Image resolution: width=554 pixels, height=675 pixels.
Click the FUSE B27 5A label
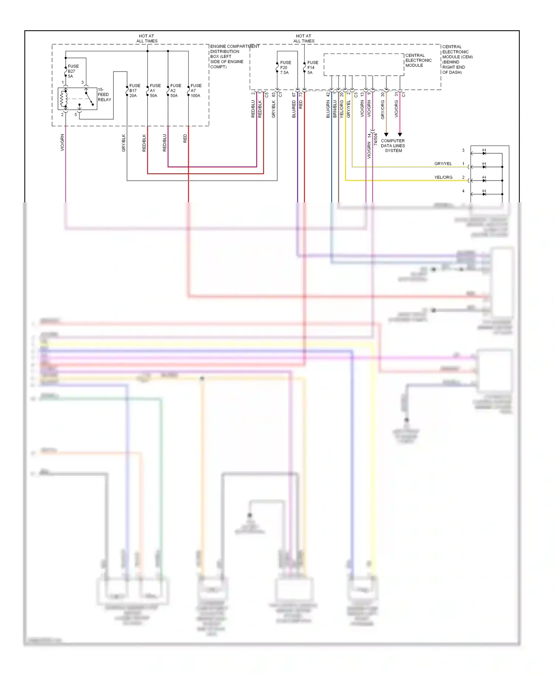(73, 71)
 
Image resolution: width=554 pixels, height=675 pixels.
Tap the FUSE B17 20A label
(134, 90)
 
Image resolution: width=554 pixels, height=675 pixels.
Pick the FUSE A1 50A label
(155, 90)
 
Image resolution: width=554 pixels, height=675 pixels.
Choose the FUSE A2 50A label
(175, 90)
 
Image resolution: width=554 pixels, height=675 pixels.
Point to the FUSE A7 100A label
(196, 90)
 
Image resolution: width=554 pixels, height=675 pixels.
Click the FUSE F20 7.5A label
(285, 68)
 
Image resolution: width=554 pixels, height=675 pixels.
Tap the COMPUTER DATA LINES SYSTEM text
(393, 145)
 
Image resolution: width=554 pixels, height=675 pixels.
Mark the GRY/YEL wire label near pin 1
(443, 164)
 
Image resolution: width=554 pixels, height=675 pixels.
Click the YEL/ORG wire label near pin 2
(443, 177)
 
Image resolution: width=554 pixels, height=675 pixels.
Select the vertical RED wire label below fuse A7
(185, 139)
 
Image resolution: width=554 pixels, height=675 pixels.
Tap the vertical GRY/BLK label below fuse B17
(124, 143)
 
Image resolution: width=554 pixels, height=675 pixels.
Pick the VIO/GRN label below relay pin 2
(62, 143)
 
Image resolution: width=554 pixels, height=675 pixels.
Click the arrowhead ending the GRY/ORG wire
(386, 135)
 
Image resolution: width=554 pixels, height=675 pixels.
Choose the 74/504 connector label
(376, 140)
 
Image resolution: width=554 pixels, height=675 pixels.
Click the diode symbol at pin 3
(484, 153)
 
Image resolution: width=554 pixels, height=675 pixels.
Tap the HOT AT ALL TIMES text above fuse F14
(304, 38)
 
